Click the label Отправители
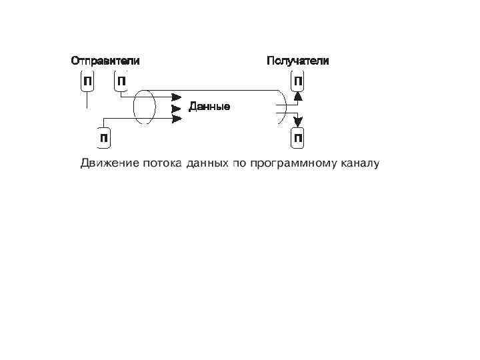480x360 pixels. pyautogui.click(x=105, y=61)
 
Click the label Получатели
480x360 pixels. pyautogui.click(x=297, y=61)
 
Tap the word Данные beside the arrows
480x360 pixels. pyautogui.click(x=209, y=107)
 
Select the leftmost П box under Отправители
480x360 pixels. pyautogui.click(x=87, y=82)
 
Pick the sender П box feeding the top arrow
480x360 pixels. pyautogui.click(x=121, y=82)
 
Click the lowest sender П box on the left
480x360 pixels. pyautogui.click(x=104, y=137)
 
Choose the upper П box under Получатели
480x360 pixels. pyautogui.click(x=298, y=82)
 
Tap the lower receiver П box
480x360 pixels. pyautogui.click(x=298, y=138)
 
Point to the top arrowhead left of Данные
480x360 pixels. pyautogui.click(x=177, y=96)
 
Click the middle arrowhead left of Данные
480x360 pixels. pyautogui.click(x=177, y=107)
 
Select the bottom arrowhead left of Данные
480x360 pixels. pyautogui.click(x=177, y=119)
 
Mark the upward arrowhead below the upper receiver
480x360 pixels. pyautogui.click(x=298, y=95)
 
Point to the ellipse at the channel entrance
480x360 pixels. pyautogui.click(x=144, y=107)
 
